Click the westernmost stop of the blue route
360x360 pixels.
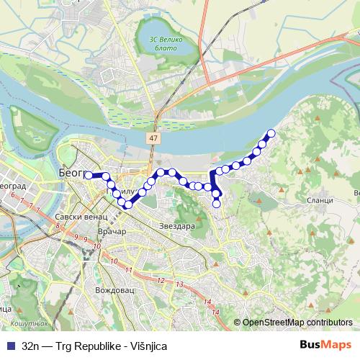tap(88, 175)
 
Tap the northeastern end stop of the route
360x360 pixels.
tap(271, 132)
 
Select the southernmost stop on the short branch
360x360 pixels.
tap(217, 203)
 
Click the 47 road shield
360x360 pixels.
tap(154, 136)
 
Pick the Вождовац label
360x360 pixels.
tap(114, 291)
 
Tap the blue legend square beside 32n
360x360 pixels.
tap(9, 345)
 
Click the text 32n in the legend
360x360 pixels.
tap(31, 345)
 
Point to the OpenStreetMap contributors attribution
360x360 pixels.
tap(297, 323)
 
